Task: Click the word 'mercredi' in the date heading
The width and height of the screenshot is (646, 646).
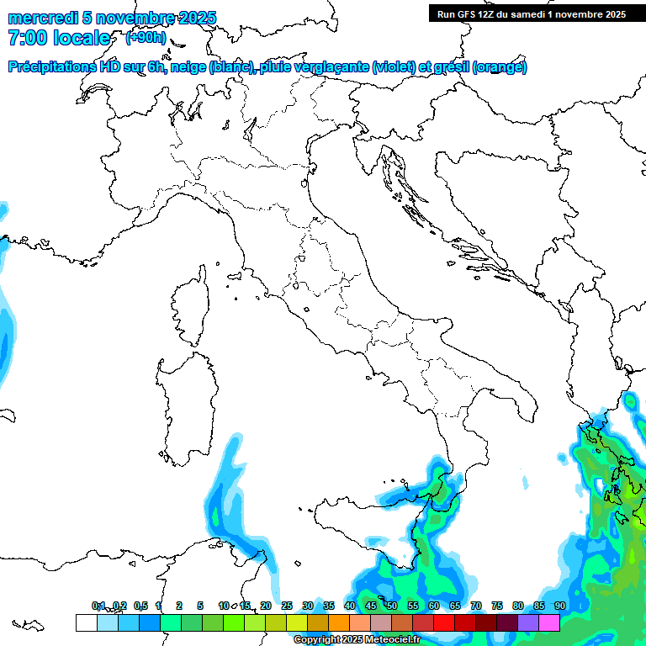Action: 43,19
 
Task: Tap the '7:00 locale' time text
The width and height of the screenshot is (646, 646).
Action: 59,38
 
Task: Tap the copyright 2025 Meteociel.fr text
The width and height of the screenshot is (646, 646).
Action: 357,640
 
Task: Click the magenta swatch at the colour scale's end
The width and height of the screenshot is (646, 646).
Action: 549,622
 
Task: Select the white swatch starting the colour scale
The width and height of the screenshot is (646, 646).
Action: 86,622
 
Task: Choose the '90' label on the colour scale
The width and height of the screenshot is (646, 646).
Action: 559,606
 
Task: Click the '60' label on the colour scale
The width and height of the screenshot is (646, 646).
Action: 433,606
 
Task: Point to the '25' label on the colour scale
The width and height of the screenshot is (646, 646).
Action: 286,606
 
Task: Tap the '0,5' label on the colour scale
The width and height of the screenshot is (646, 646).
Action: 140,606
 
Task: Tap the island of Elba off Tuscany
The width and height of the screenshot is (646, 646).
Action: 235,274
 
